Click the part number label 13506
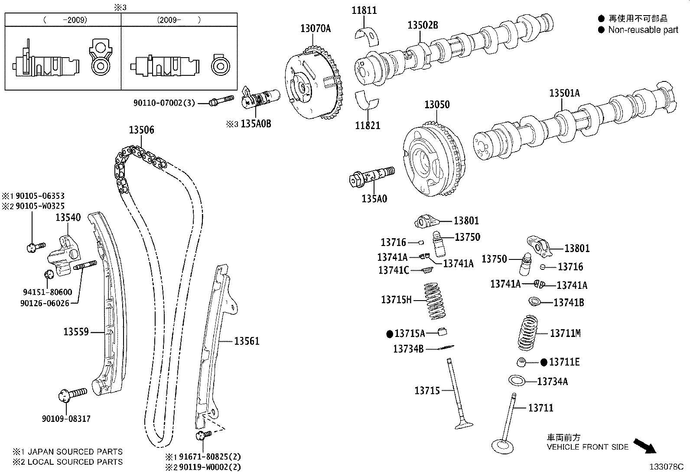[141, 130]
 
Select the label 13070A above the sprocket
[315, 29]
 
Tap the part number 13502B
[423, 26]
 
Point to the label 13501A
[564, 93]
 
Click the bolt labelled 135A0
[372, 176]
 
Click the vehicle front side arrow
[645, 446]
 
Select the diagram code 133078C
[666, 467]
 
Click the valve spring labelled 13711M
[528, 332]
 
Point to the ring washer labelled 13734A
[517, 381]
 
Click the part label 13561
[247, 341]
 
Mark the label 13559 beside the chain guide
[76, 332]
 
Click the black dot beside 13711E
[544, 362]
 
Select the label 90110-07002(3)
[164, 103]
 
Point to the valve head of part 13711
[502, 445]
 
